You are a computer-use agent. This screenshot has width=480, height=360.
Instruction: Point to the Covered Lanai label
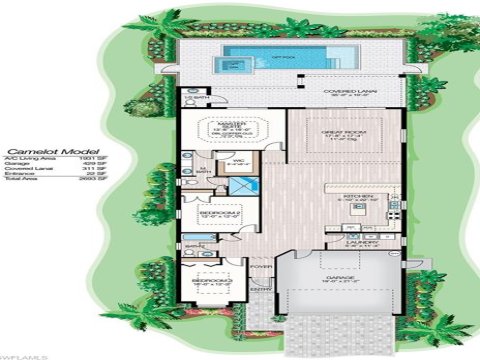coord(349,90)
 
